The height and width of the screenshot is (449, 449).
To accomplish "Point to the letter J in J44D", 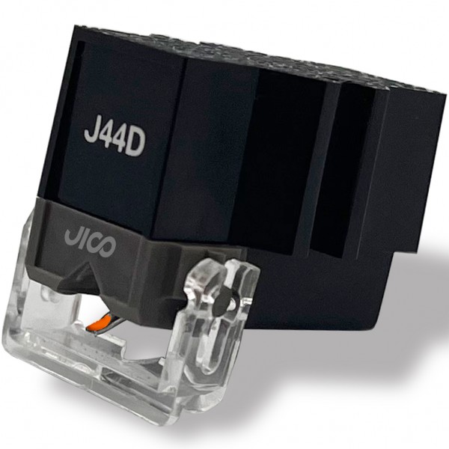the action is click(x=90, y=133).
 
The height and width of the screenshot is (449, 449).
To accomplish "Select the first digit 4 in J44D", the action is click(x=104, y=138).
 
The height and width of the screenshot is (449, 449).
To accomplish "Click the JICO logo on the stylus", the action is click(x=90, y=239).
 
